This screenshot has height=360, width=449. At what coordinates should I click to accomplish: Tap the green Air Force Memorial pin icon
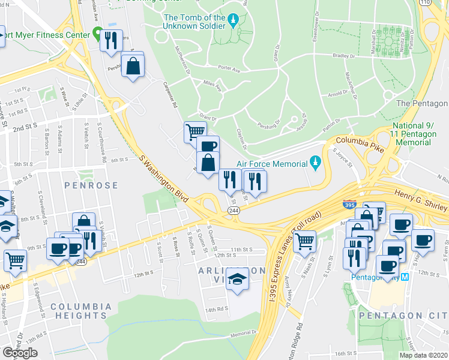[x=314, y=162]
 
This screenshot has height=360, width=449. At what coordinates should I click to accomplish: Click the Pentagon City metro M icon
[x=405, y=277]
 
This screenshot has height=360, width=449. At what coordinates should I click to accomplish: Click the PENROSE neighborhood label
[x=91, y=185]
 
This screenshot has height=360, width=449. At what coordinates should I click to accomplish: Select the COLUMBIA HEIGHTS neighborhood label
[x=81, y=310]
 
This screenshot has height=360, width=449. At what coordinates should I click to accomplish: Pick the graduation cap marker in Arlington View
[x=238, y=279]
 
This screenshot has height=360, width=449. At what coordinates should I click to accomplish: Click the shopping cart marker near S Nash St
[x=305, y=241]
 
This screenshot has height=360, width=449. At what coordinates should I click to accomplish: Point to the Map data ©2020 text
[x=423, y=355]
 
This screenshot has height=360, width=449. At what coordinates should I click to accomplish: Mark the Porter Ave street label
[x=229, y=68]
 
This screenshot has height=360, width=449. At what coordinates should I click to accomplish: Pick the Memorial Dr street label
[x=242, y=333]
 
